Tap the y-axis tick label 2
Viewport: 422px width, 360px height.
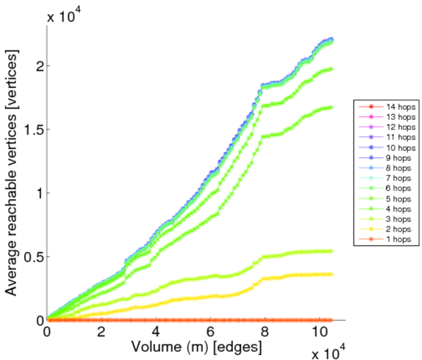(x=38, y=65)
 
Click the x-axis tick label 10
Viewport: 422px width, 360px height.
(x=318, y=332)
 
